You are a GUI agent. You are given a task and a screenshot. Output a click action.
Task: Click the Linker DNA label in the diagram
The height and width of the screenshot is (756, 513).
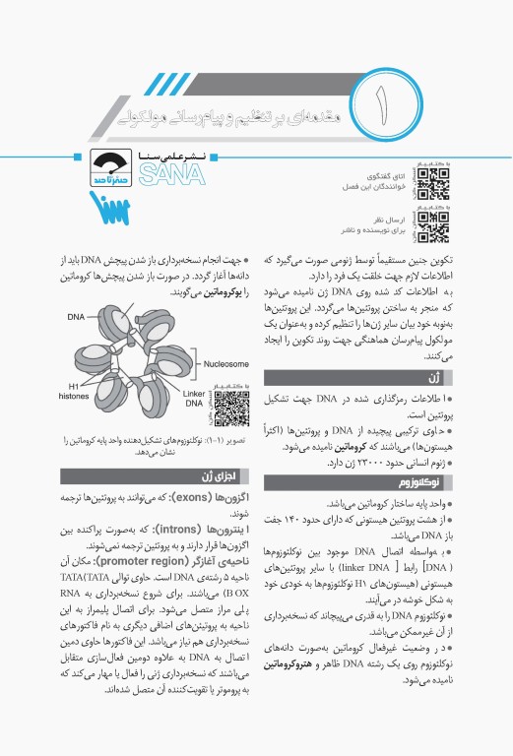point(194,398)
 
